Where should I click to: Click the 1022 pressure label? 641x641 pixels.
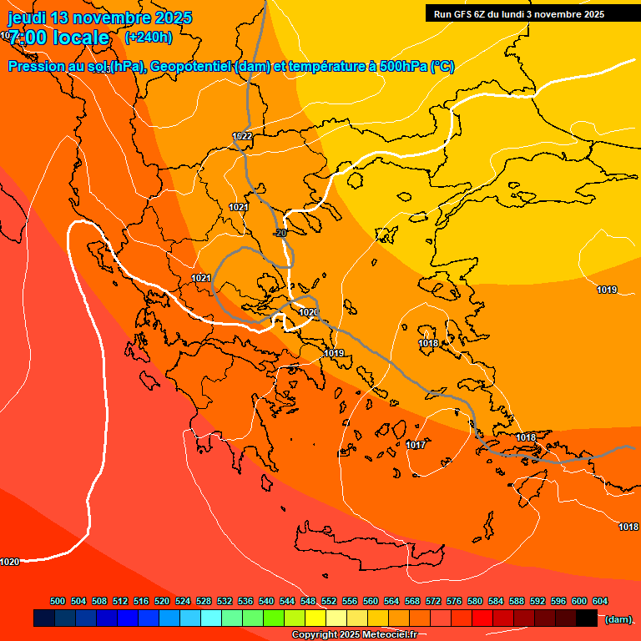click(x=242, y=136)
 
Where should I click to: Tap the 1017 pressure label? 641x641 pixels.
click(x=416, y=445)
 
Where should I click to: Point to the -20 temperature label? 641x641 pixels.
click(x=280, y=233)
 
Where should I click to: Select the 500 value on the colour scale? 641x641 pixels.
click(x=58, y=601)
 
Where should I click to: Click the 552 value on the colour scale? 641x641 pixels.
click(x=329, y=601)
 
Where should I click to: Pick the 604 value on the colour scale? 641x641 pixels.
click(x=600, y=601)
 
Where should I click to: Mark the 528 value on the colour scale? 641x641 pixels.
click(x=204, y=601)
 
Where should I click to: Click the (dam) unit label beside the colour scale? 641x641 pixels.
click(x=618, y=619)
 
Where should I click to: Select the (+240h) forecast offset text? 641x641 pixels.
click(x=149, y=37)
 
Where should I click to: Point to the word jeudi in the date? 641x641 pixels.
click(x=27, y=18)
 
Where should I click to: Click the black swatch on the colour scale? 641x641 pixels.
click(x=587, y=618)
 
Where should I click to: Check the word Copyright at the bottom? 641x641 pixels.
click(x=314, y=635)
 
